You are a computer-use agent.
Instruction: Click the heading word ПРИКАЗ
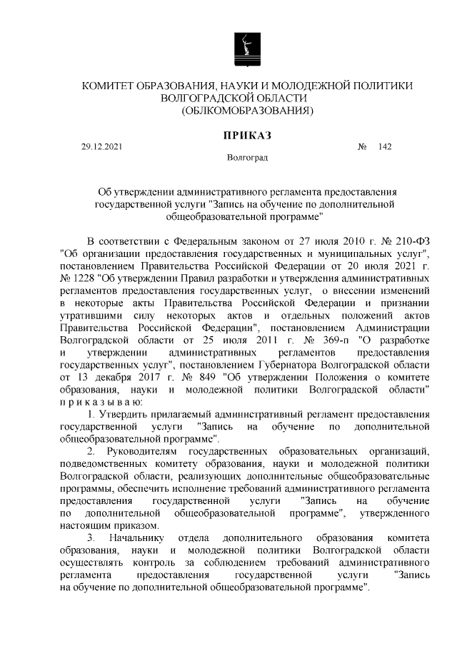[248, 134]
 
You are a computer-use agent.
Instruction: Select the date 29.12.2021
[101, 148]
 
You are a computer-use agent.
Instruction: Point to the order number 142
[386, 148]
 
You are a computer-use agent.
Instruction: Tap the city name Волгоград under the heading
[247, 157]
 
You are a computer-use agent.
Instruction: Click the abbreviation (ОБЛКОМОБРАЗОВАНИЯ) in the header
[248, 111]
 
